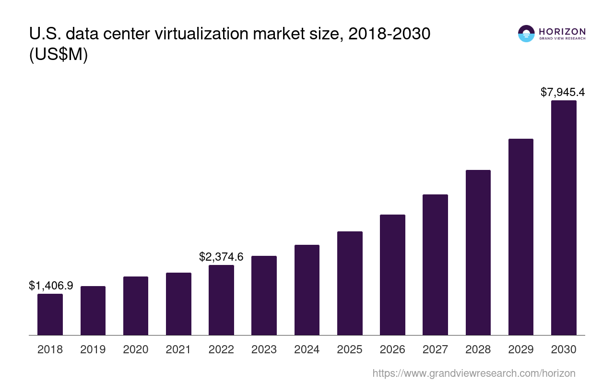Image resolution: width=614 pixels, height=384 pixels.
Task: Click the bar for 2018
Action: coord(50,314)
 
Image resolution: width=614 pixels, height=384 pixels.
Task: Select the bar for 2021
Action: coord(178,304)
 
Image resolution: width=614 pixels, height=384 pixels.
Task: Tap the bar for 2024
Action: coord(307,290)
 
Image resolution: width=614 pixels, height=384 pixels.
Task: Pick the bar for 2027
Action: coord(435,264)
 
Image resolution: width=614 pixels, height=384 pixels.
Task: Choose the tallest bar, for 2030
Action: coord(564,217)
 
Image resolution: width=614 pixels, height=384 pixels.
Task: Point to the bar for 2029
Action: coord(521,237)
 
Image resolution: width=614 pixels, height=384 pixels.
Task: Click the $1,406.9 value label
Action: coord(51,286)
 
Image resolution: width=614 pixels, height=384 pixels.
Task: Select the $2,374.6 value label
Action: coord(221,257)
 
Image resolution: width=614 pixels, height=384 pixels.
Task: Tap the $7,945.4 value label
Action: coord(563,92)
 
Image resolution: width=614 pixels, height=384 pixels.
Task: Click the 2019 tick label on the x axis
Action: coord(93,349)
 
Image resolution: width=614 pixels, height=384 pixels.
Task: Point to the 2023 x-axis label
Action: coord(264,349)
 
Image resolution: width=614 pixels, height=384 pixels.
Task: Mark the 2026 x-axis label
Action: coord(392,349)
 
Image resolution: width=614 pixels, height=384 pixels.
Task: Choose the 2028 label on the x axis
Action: coord(478,349)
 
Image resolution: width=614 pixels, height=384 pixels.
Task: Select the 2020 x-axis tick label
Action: coord(136,349)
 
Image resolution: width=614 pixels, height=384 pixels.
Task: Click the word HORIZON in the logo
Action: coord(562,31)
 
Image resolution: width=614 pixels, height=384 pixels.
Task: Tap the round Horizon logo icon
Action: coord(526,34)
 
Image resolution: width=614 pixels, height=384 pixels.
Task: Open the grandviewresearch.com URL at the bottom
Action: coord(474,373)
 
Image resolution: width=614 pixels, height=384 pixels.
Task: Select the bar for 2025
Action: coord(350,283)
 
